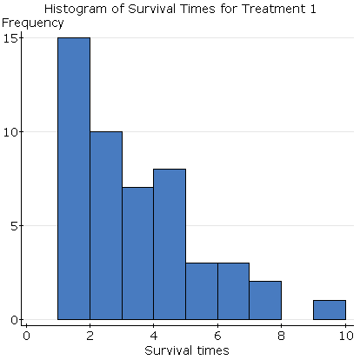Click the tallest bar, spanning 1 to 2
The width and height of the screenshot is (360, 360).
pyautogui.click(x=73, y=178)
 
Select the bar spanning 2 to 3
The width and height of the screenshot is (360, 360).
pyautogui.click(x=105, y=225)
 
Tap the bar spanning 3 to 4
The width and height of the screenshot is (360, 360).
pyautogui.click(x=137, y=253)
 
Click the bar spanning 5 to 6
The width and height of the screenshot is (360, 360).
pyautogui.click(x=201, y=290)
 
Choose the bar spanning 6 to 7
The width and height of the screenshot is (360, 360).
pyautogui.click(x=233, y=290)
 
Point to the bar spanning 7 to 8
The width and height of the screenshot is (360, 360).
pyautogui.click(x=265, y=300)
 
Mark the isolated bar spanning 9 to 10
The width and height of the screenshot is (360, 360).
pyautogui.click(x=330, y=310)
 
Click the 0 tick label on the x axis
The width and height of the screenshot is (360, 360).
pyautogui.click(x=26, y=336)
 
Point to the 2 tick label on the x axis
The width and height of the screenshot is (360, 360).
pyautogui.click(x=90, y=336)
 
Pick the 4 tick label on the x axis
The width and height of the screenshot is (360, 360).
pyautogui.click(x=154, y=336)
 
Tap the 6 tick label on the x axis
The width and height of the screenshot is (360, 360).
pyautogui.click(x=217, y=336)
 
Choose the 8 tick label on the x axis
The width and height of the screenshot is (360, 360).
pyautogui.click(x=282, y=336)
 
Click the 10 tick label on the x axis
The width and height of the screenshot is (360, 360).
pyautogui.click(x=345, y=336)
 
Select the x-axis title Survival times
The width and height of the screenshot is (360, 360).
pyautogui.click(x=186, y=350)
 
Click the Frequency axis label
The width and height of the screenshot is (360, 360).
pyautogui.click(x=32, y=23)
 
